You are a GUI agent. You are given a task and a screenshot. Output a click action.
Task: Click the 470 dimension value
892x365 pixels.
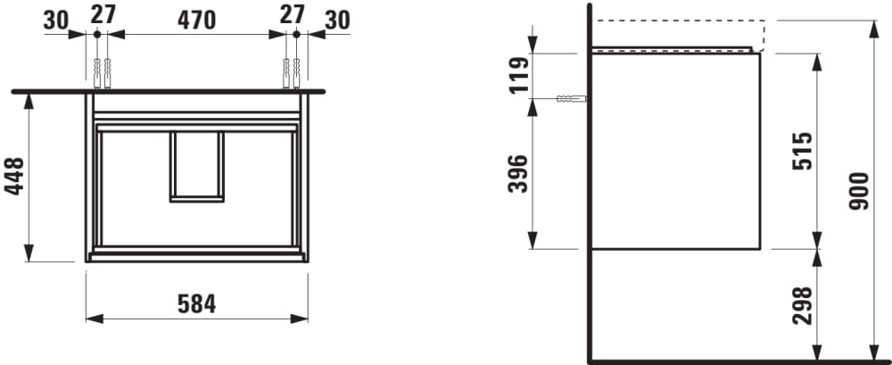click(x=197, y=21)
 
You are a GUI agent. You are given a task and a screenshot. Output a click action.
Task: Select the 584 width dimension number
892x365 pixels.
click(x=197, y=303)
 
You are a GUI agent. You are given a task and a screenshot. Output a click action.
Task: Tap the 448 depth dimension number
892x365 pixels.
click(x=15, y=177)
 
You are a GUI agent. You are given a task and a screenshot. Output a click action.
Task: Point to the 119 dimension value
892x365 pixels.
click(x=519, y=75)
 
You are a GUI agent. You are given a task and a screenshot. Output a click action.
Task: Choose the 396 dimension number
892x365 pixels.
click(x=519, y=174)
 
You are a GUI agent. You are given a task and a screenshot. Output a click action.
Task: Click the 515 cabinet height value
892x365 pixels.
click(x=804, y=151)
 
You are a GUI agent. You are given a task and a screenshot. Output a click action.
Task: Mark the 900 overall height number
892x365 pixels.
click(x=858, y=191)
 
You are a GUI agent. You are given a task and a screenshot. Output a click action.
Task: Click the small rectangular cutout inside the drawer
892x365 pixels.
click(x=197, y=166)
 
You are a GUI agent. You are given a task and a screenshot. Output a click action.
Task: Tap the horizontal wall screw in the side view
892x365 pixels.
click(x=572, y=98)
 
